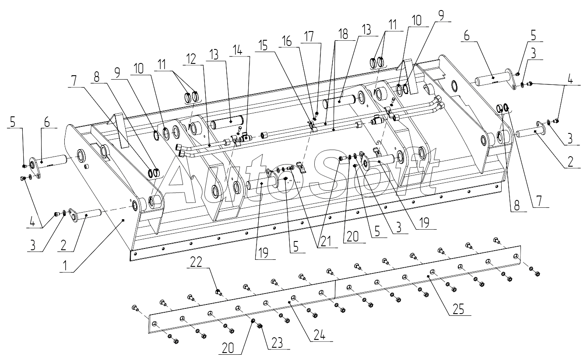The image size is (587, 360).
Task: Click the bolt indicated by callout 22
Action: point(218,292)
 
